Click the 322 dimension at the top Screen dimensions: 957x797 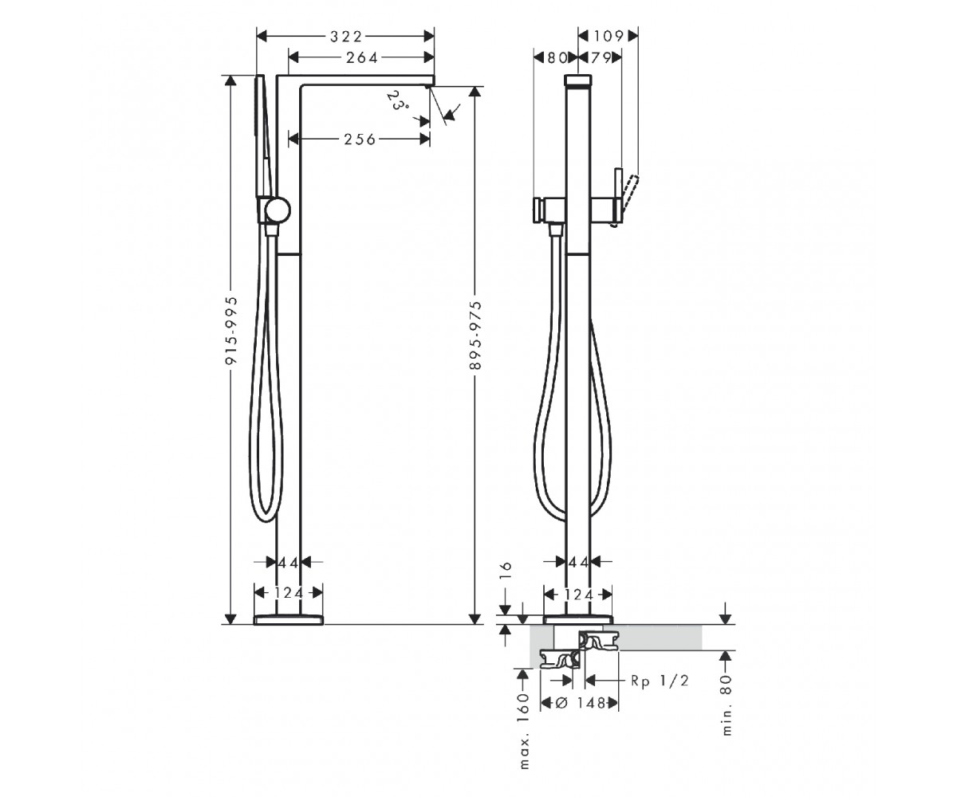coord(346,36)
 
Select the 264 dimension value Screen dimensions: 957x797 coord(362,57)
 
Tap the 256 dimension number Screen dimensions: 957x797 coord(360,139)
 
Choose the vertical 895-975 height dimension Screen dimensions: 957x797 coord(477,336)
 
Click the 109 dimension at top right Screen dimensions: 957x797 coord(608,36)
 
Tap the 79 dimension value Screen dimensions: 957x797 coord(601,57)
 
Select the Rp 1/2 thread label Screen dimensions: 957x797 coord(660,681)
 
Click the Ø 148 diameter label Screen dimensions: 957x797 coord(581,703)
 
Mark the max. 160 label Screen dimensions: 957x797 coord(524,732)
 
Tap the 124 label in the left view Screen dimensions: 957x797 coord(289,593)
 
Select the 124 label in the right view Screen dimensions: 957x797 coord(578,595)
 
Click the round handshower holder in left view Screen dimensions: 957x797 coord(278,210)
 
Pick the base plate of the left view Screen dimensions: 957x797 coord(289,620)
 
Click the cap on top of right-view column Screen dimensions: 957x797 coord(578,80)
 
